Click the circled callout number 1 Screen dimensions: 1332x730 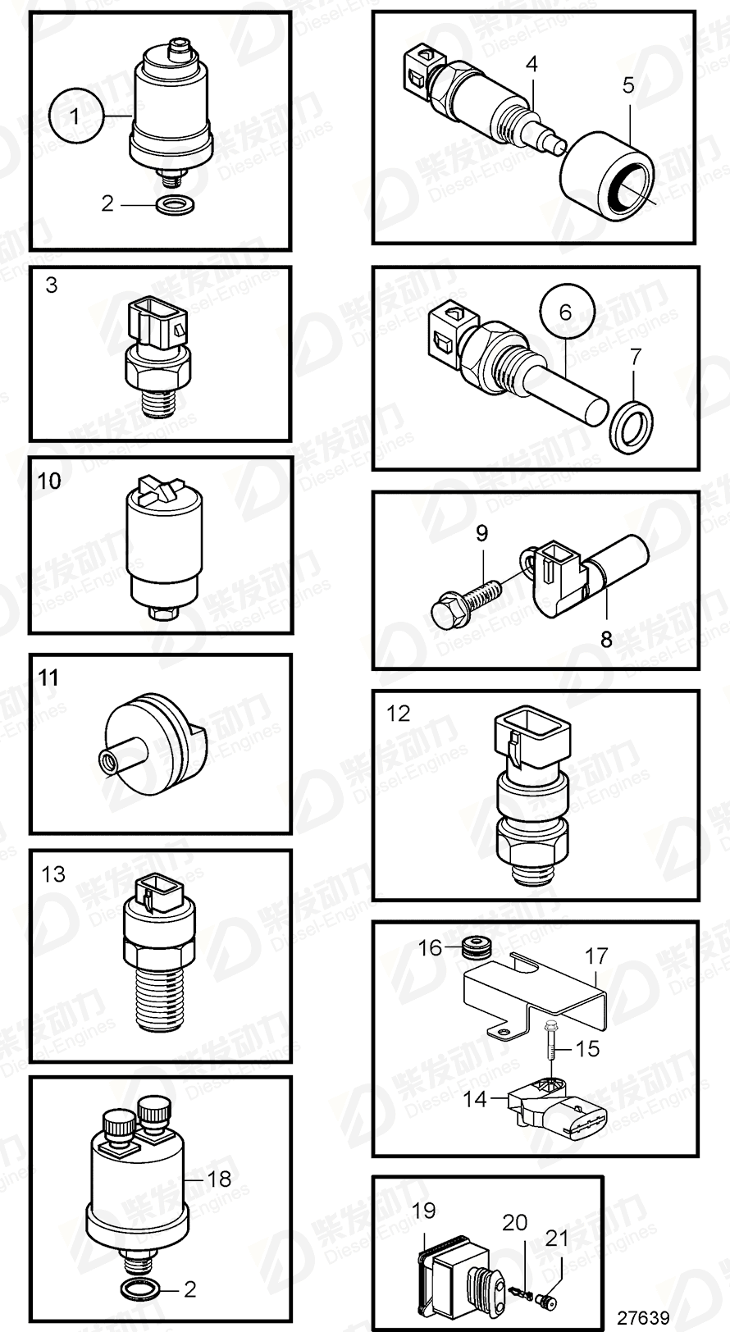pyautogui.click(x=75, y=116)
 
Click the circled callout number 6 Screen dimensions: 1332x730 pyautogui.click(x=566, y=312)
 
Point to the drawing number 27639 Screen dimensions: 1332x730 pyautogui.click(x=644, y=1317)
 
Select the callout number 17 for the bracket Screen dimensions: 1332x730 pyautogui.click(x=596, y=956)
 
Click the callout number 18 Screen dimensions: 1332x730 pyautogui.click(x=219, y=1179)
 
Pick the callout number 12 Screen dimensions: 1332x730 pyautogui.click(x=398, y=714)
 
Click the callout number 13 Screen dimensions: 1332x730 pyautogui.click(x=53, y=874)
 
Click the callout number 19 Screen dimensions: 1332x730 pyautogui.click(x=424, y=1210)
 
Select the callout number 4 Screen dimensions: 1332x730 pyautogui.click(x=532, y=63)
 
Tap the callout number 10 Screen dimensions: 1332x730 pyautogui.click(x=49, y=481)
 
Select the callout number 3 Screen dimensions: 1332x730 pyautogui.click(x=52, y=285)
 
